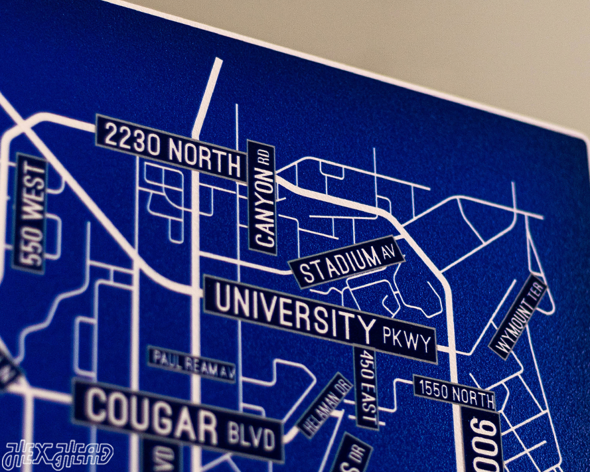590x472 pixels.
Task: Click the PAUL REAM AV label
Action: tap(192, 364)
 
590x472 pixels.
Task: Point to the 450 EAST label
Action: tap(366, 388)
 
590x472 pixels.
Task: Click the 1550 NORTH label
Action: tap(455, 393)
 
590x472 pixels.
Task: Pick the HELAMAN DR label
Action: tap(326, 405)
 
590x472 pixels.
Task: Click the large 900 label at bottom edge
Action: tap(482, 441)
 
